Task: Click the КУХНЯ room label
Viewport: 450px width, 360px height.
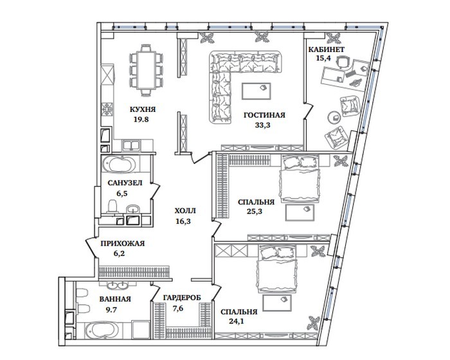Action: [143, 110]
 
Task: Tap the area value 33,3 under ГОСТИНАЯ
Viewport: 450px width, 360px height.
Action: [262, 125]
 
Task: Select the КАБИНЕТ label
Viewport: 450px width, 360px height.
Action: [327, 50]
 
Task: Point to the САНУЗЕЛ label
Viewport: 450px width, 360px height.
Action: [125, 183]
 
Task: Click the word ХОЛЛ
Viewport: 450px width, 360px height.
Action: [185, 211]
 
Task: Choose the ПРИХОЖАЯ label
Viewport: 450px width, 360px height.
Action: [123, 244]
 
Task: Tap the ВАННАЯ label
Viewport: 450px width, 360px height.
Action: [115, 299]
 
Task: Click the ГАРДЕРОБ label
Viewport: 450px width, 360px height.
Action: [182, 298]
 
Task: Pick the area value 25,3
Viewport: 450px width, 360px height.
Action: [255, 212]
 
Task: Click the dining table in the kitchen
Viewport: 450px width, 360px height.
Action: [147, 70]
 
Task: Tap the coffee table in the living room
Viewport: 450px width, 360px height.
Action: [256, 91]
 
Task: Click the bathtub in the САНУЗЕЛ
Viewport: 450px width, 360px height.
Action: [119, 165]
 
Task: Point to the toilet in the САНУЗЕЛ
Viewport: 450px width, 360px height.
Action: [113, 206]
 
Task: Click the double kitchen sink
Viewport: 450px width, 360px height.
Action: [131, 145]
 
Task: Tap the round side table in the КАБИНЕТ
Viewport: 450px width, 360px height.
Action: [334, 117]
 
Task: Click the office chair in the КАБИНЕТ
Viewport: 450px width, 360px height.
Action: [343, 62]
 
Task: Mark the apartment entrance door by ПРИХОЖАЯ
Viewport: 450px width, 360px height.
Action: [91, 248]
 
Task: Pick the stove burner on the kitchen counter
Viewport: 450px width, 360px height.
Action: [107, 109]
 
